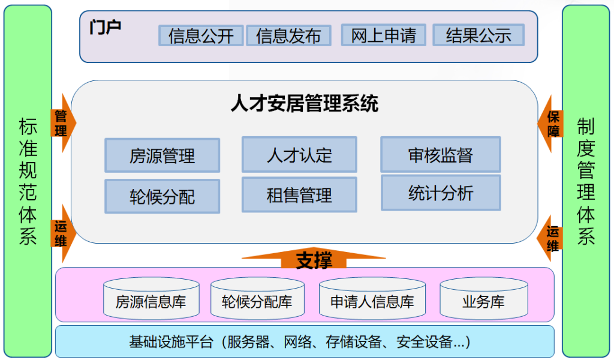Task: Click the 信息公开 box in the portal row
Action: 201,35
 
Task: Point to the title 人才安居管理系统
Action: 305,104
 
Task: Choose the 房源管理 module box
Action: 162,155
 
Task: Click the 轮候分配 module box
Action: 162,196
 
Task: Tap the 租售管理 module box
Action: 299,194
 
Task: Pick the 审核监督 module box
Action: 440,154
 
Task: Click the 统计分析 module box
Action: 440,193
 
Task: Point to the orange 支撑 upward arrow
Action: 313,259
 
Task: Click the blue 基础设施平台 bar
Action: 305,341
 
